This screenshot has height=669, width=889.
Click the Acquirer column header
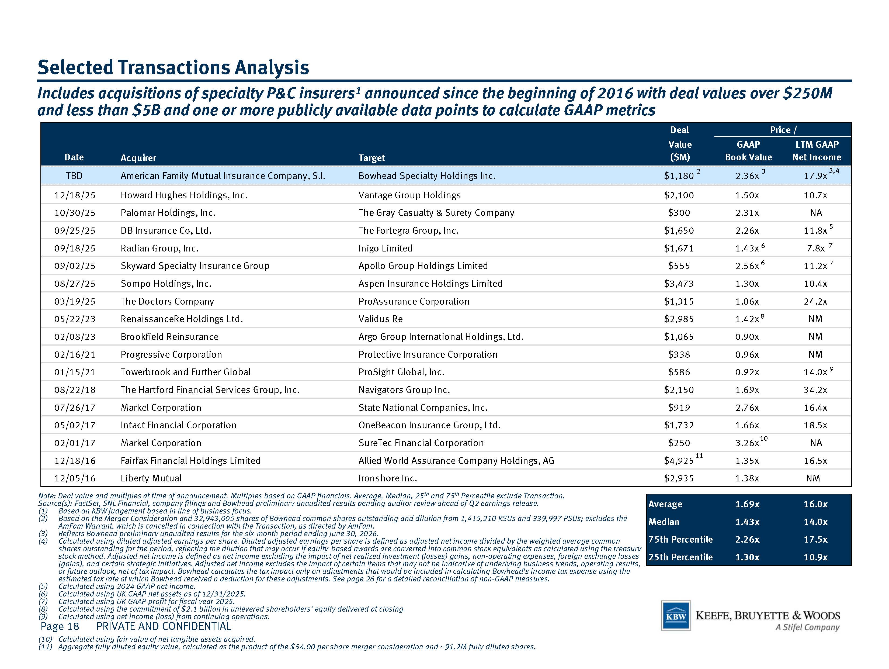138,158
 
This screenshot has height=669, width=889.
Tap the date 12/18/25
75,195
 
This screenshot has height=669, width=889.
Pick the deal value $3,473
679,284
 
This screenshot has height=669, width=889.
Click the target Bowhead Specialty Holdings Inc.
427,176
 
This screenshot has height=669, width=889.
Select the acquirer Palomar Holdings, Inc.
168,213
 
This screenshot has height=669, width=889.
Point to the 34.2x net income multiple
815,390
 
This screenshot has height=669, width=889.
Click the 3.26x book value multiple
747,443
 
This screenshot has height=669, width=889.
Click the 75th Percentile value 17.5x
815,540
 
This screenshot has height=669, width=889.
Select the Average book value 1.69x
747,504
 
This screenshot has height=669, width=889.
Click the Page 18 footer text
60,626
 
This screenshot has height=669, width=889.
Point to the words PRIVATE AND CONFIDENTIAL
164,626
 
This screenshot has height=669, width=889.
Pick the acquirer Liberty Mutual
151,478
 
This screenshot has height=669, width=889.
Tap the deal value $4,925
679,461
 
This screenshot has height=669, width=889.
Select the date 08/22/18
75,390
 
